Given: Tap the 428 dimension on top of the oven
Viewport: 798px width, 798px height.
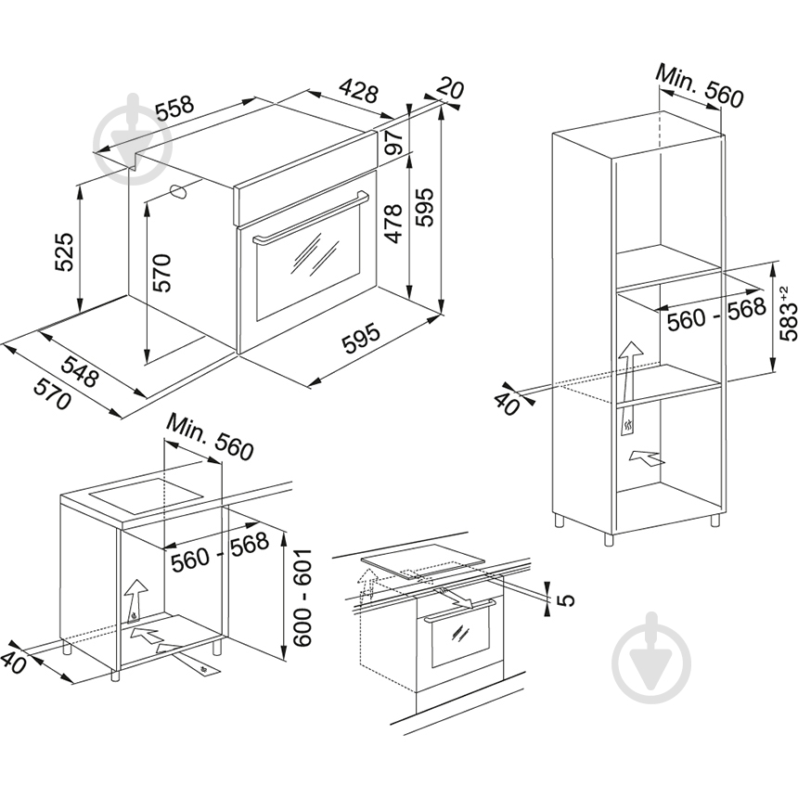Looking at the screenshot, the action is pos(359,90).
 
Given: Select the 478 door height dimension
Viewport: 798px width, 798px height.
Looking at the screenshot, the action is pos(393,224).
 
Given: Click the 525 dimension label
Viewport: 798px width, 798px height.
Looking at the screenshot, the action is pos(65,252).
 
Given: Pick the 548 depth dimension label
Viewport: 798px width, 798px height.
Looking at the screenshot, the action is pos(80,370).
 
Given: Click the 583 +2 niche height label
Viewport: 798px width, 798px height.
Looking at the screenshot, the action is pos(789,314).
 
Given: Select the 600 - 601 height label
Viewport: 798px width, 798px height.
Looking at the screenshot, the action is pos(302,597).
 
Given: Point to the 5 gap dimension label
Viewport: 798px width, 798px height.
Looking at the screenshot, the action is pos(565,600).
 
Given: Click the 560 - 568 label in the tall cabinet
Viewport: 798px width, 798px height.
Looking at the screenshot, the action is pos(716,315).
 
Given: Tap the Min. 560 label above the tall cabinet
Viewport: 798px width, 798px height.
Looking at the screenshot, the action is pos(700,85).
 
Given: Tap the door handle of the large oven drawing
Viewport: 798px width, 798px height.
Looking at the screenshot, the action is pos(311,217).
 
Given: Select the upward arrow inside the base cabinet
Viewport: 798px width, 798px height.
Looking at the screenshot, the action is pos(135,600).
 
